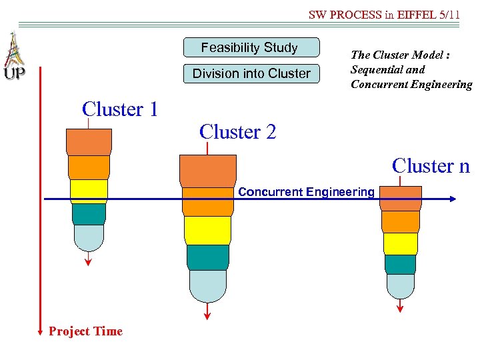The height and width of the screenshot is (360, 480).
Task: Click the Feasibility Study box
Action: tap(250, 48)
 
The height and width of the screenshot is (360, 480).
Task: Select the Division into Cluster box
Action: tap(251, 73)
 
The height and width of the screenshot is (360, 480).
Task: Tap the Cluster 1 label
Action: tap(120, 109)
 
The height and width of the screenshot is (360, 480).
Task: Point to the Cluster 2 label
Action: tap(237, 132)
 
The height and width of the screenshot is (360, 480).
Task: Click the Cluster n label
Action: tap(431, 165)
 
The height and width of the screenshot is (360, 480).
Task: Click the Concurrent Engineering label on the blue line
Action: tap(306, 192)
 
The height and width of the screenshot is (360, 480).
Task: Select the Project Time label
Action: tap(85, 331)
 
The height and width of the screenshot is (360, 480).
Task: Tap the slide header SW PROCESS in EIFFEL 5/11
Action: tap(384, 14)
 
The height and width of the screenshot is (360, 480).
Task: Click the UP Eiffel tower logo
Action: tap(13, 57)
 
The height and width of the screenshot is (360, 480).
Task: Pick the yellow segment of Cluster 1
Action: tap(89, 191)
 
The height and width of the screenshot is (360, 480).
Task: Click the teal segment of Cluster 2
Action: tap(207, 257)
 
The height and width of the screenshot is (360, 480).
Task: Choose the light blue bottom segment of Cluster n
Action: tap(401, 286)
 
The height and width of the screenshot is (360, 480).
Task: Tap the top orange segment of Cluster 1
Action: tap(89, 141)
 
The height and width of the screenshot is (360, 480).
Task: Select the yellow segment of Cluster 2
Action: tap(207, 230)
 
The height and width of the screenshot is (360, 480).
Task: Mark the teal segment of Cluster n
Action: tap(401, 264)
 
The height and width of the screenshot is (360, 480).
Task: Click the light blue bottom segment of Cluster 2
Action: tap(207, 285)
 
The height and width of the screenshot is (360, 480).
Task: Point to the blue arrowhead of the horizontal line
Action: tap(453, 199)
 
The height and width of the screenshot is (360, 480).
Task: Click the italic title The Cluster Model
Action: tap(400, 55)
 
